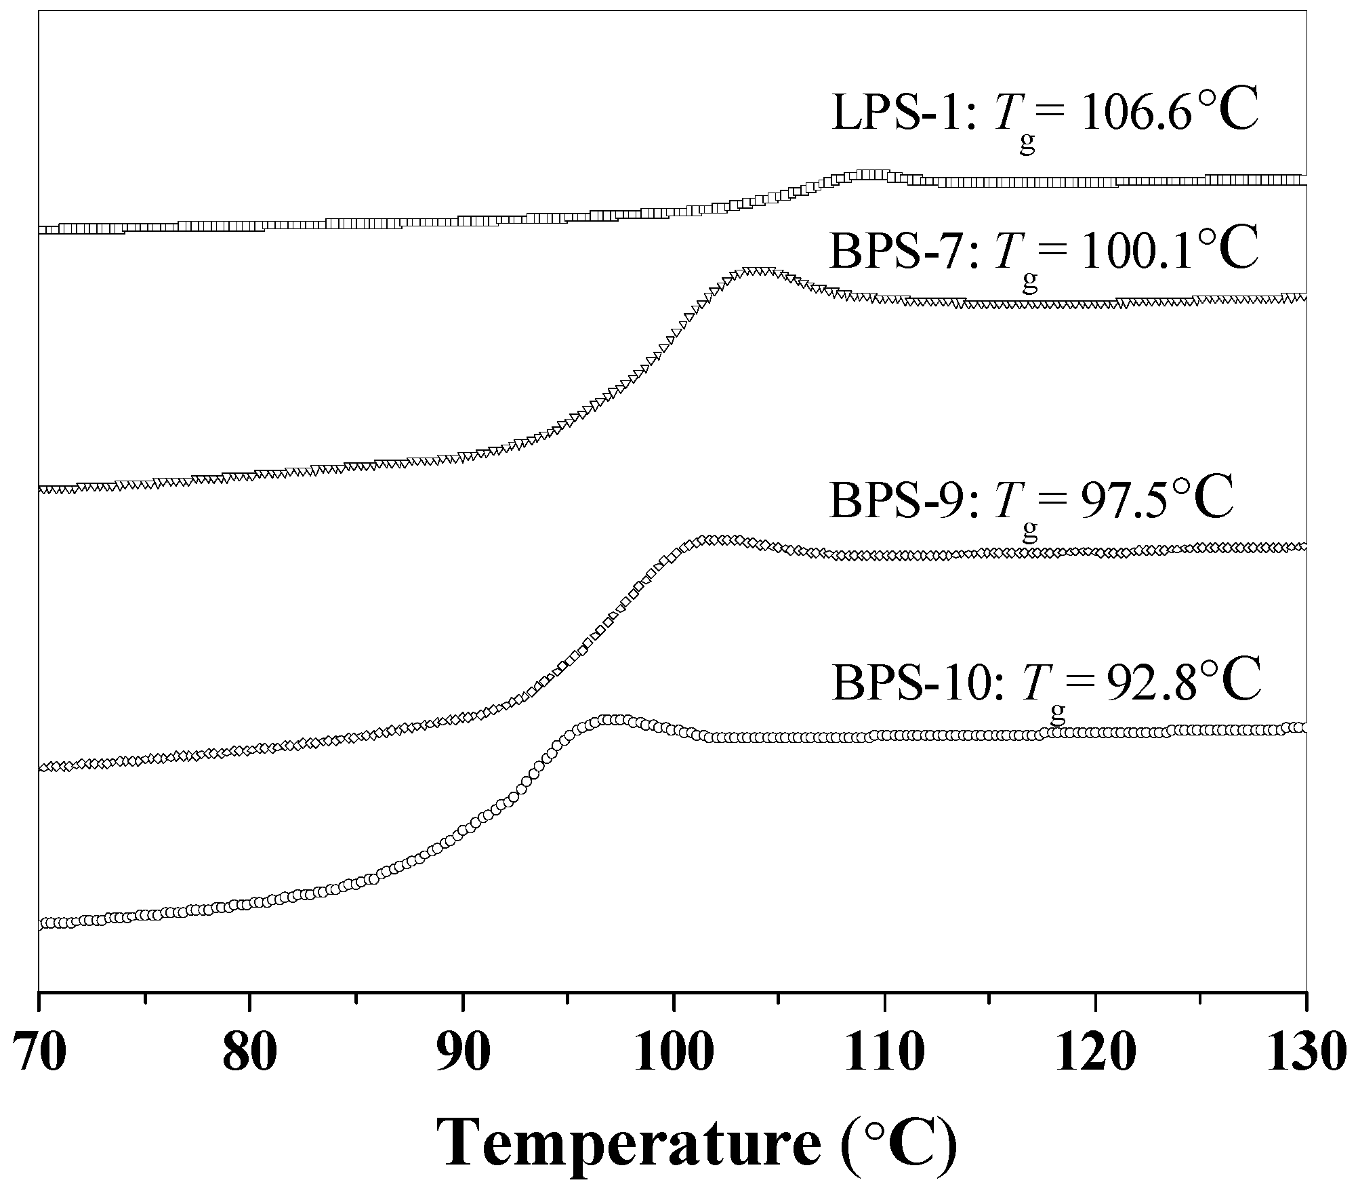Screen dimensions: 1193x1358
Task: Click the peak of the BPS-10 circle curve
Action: coord(613,719)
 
